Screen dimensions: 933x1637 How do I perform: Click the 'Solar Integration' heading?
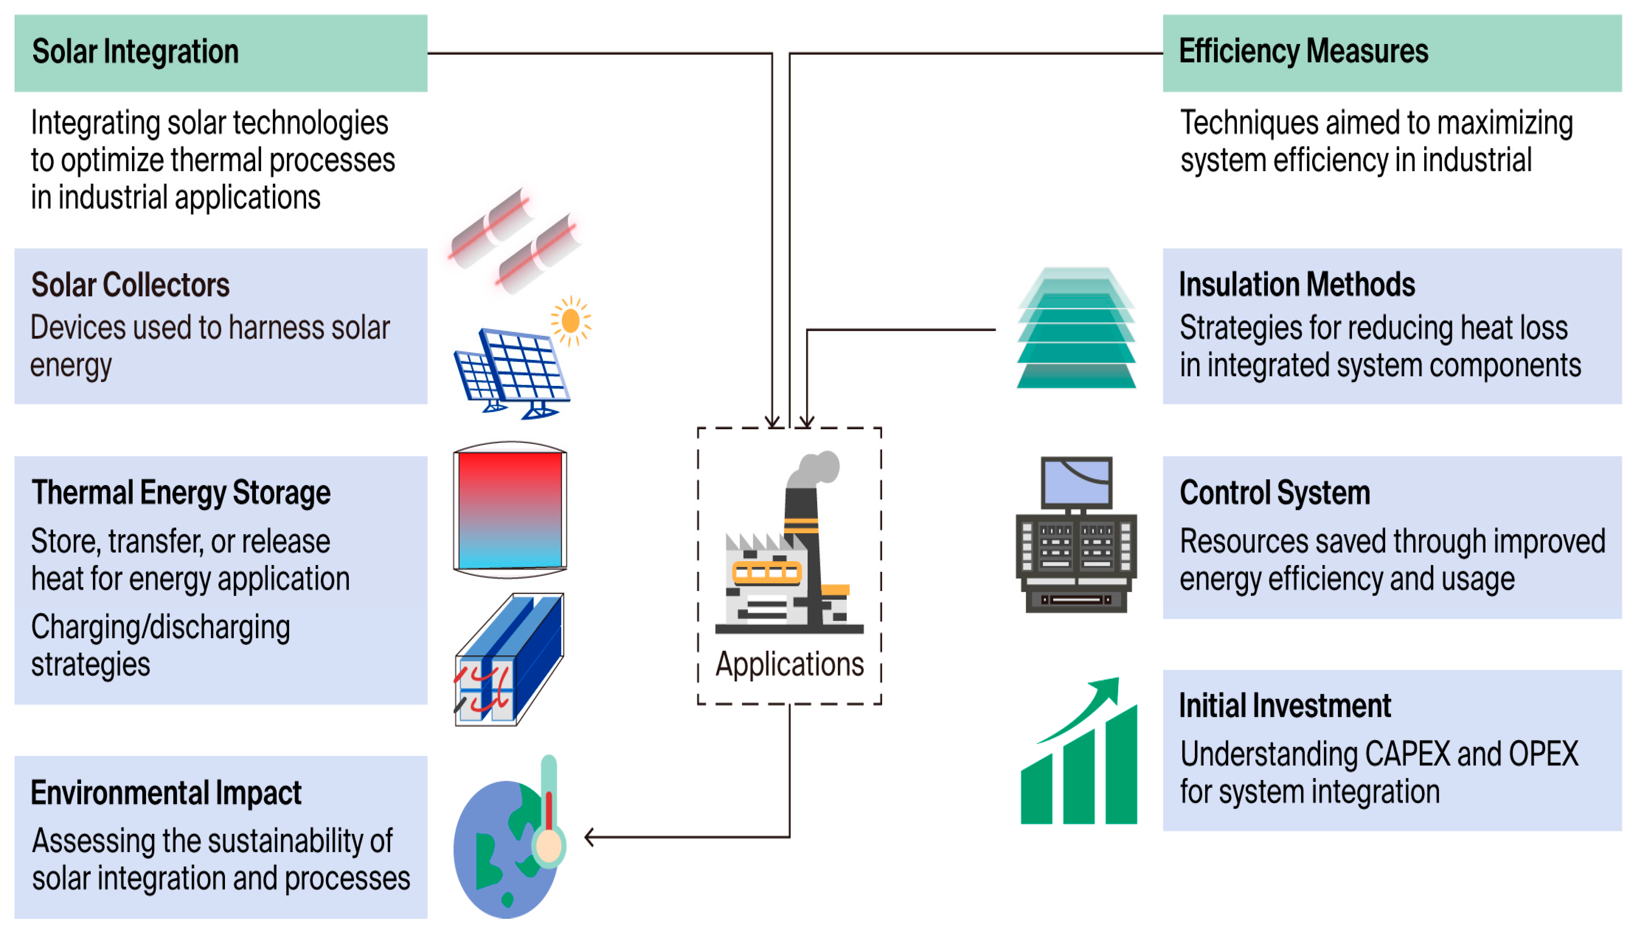pos(135,52)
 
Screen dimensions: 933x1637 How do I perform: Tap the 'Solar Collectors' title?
pos(130,285)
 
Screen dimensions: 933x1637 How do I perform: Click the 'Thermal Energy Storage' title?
pos(181,493)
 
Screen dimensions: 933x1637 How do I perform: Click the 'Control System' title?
pos(1274,493)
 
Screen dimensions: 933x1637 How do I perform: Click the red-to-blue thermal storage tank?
pos(510,510)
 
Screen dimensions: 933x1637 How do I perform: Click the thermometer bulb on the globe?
pos(549,846)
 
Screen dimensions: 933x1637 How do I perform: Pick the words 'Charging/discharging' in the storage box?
pos(160,627)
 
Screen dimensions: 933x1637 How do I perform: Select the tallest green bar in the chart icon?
pos(1121,766)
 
